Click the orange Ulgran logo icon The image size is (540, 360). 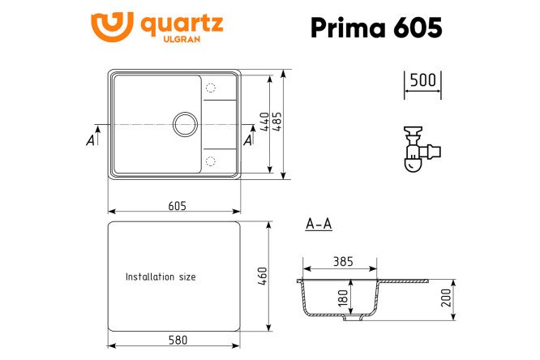(112, 28)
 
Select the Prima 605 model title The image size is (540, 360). (376, 27)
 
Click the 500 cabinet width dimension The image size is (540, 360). (422, 80)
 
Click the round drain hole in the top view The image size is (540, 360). (184, 124)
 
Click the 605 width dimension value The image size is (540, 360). (177, 206)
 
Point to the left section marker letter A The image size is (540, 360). (90, 141)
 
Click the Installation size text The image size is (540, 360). (161, 276)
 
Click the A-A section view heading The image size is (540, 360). (319, 225)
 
